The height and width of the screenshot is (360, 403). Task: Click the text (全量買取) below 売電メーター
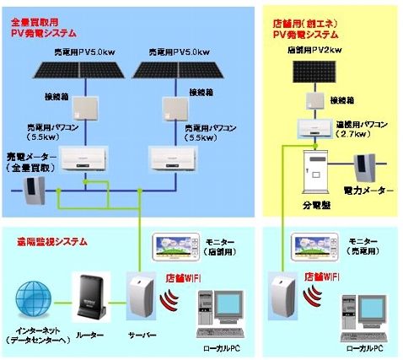pos(32,169)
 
